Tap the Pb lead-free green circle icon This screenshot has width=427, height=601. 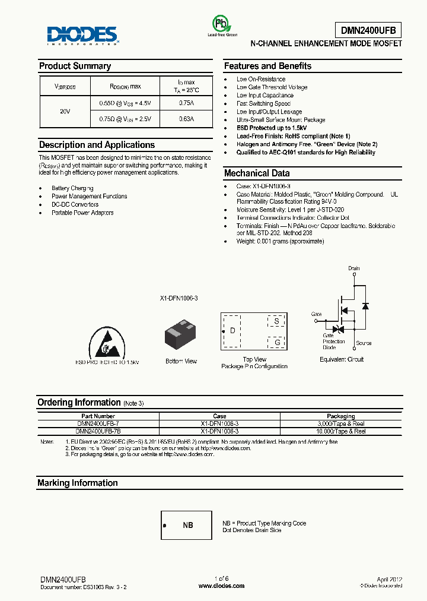pos(221,24)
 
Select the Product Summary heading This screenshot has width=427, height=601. pos(75,66)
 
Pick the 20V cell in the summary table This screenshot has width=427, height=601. pos(65,111)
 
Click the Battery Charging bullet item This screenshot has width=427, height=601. pos(74,188)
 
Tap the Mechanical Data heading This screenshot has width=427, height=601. pos(257,173)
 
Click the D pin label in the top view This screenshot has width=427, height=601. pos(232,331)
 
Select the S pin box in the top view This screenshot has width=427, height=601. pos(276,321)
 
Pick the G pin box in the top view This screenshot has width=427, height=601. pos(276,342)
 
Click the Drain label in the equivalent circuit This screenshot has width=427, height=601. pos(354,268)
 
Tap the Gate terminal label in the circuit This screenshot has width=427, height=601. pos(317,314)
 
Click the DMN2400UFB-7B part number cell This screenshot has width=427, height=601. pos(98,432)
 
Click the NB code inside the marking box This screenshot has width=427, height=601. pos(187,526)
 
